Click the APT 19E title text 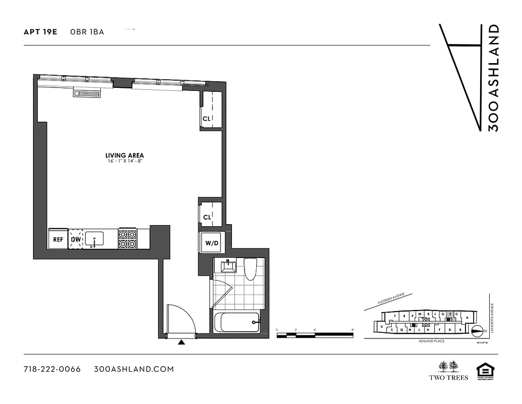40,32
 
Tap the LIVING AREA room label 125,155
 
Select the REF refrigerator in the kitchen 59,239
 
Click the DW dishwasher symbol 76,239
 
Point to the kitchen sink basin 94,238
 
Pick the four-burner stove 128,239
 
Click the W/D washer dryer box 212,243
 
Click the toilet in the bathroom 250,269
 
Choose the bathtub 237,322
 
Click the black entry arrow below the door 182,342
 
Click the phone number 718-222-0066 52,369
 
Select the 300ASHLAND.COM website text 134,369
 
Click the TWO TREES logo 448,370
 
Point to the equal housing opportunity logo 485,371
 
